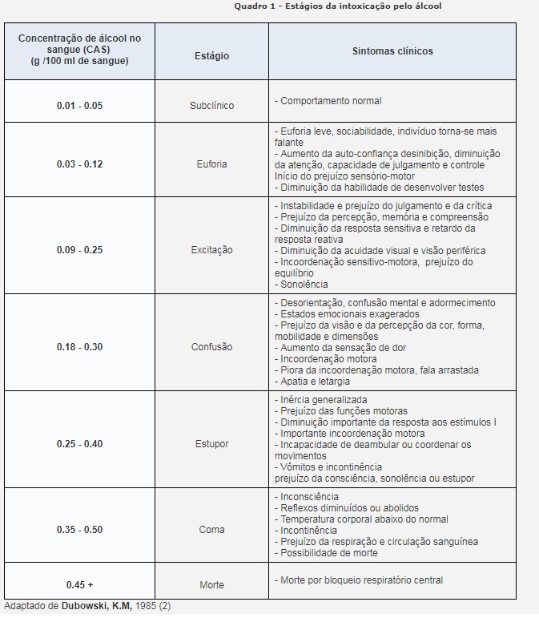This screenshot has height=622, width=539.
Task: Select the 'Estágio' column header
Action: click(x=211, y=56)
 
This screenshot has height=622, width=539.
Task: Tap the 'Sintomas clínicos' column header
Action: click(x=392, y=51)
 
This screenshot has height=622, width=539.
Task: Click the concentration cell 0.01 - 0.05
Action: click(x=79, y=106)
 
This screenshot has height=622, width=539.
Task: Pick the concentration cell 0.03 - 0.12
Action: click(x=79, y=164)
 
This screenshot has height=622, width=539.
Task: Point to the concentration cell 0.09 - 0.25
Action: click(x=79, y=250)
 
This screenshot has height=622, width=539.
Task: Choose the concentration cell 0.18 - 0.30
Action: click(x=79, y=347)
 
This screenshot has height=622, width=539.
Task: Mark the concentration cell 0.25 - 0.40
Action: click(x=79, y=444)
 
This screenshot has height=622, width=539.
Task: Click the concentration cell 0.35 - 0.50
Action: click(x=79, y=530)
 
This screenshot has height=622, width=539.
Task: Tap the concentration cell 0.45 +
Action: click(x=79, y=585)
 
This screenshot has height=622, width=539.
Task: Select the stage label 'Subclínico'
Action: click(x=211, y=106)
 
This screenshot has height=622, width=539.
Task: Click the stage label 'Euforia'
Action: click(x=211, y=164)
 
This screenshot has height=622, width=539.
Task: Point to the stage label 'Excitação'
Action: click(x=211, y=250)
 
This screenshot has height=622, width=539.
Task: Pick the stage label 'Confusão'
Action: click(x=211, y=347)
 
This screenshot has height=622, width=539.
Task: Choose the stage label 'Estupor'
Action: click(x=211, y=444)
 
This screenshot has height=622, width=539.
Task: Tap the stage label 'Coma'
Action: click(x=211, y=530)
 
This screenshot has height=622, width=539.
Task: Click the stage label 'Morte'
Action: click(x=211, y=585)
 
